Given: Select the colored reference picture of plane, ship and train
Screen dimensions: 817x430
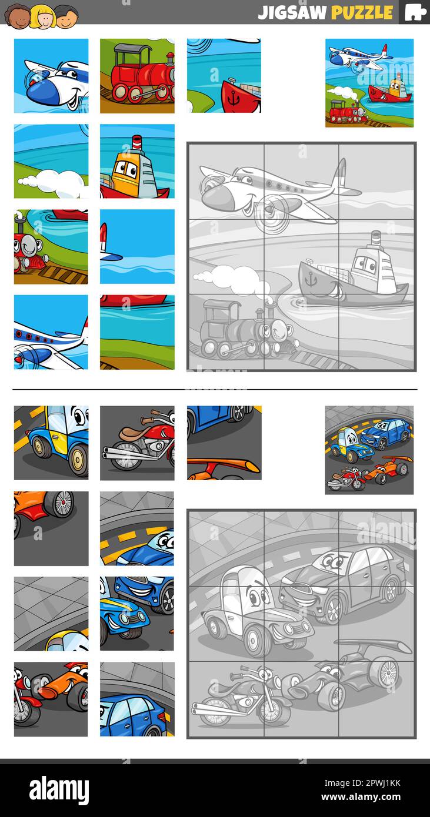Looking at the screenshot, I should [369, 82].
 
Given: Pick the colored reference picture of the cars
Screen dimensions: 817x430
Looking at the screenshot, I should [369, 450].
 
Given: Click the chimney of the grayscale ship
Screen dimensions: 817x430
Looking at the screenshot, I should [375, 241].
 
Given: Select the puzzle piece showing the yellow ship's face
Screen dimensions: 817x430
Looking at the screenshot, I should [137, 161].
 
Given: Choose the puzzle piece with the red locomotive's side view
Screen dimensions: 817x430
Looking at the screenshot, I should [137, 76].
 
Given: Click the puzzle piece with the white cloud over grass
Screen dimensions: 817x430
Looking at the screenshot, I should [51, 161].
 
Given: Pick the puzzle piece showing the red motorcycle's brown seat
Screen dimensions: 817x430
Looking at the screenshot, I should [137, 443].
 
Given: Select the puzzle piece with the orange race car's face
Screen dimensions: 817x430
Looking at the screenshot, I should [51, 699].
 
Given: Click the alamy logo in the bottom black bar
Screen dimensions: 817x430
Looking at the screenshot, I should [59, 789].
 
